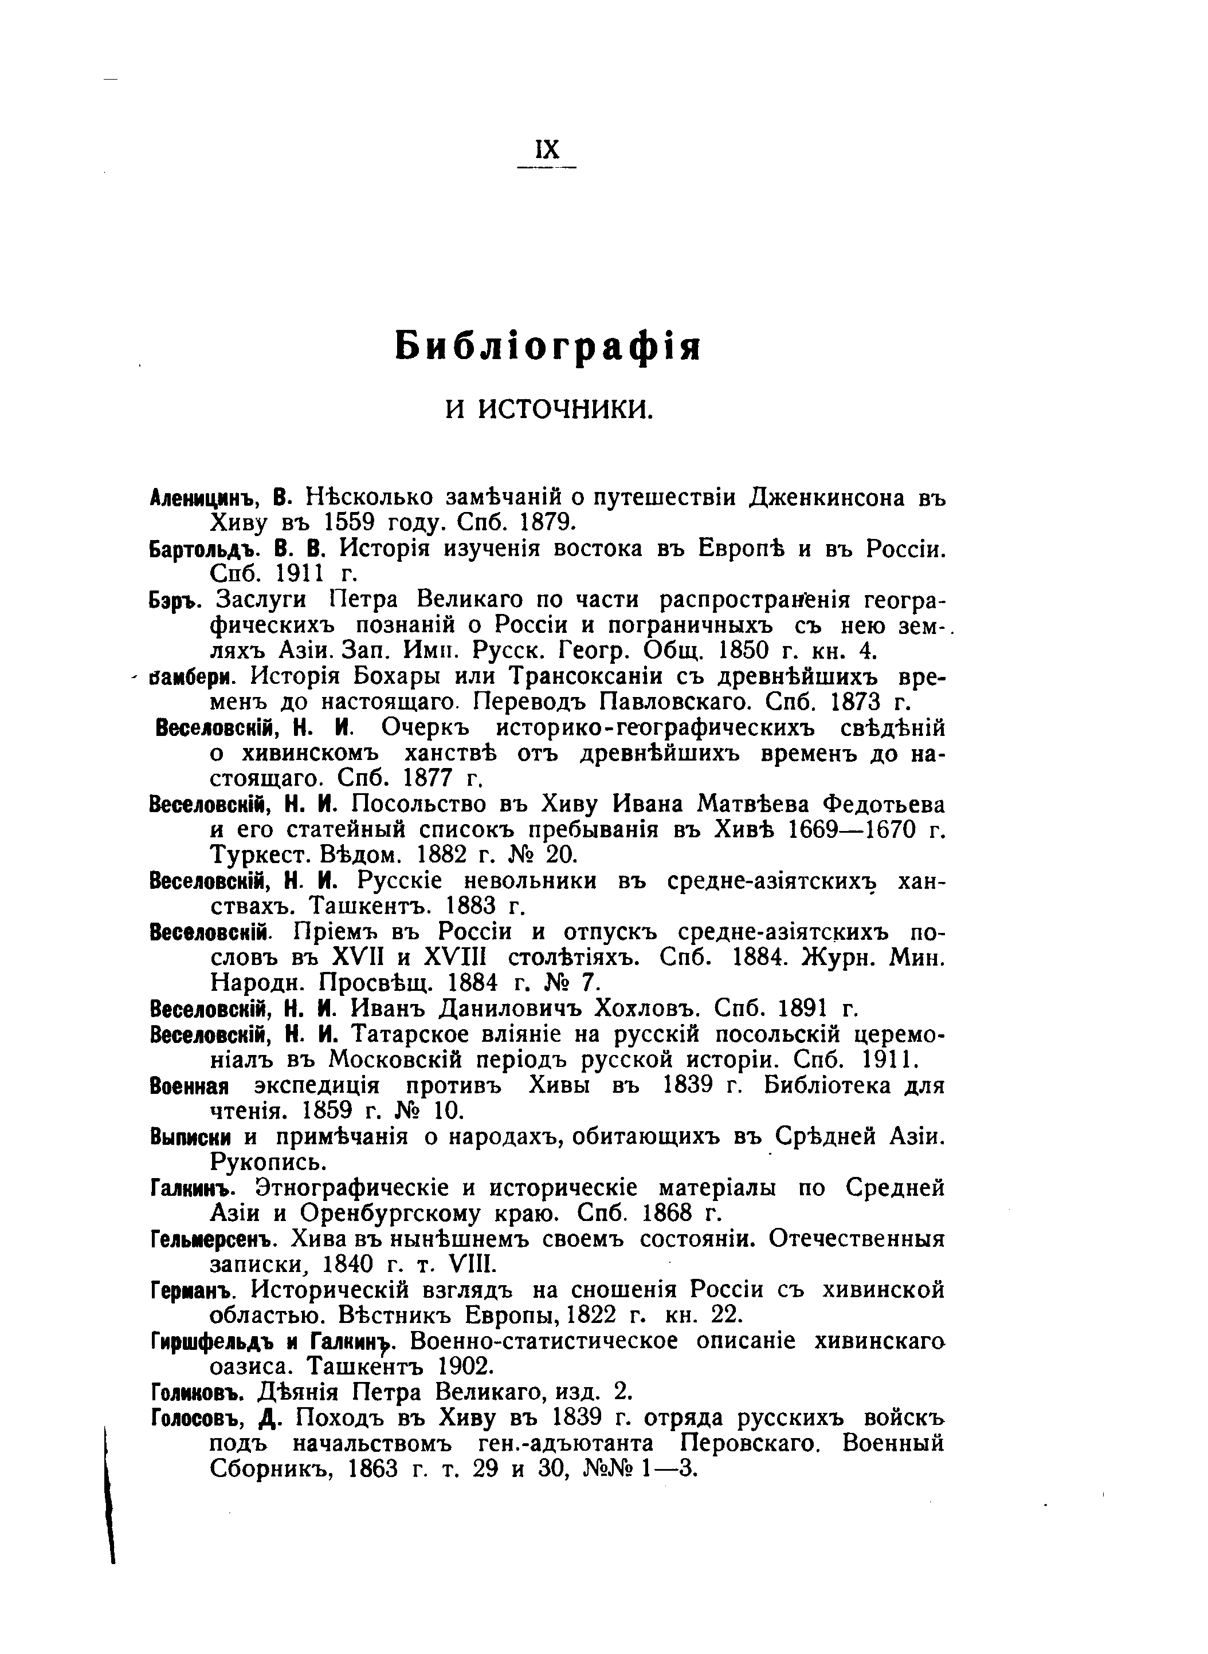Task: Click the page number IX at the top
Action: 547,150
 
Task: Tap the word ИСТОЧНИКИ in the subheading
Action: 564,410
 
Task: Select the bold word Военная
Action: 189,1086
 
